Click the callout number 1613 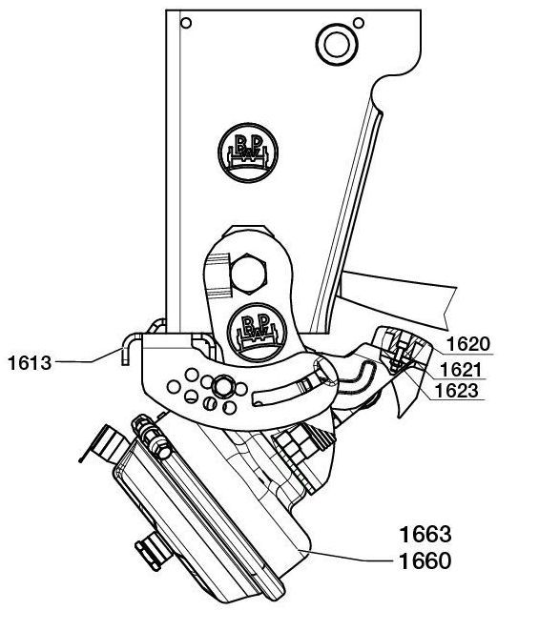click(30, 363)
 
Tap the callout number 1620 click(467, 344)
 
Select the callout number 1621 click(461, 370)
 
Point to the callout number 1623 click(458, 391)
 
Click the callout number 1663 click(425, 535)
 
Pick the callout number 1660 click(425, 561)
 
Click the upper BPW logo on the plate click(248, 153)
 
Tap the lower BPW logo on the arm click(257, 333)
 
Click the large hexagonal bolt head click(248, 274)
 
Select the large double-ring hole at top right click(337, 44)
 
